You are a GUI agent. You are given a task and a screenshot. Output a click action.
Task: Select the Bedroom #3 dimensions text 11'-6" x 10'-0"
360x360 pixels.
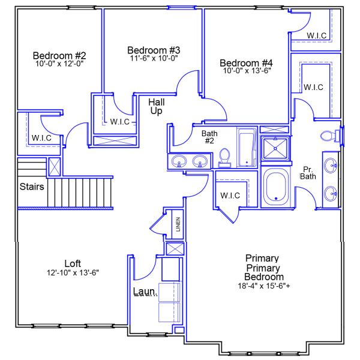pyautogui.click(x=154, y=58)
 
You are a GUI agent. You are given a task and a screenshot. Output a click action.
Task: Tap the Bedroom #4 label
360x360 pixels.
pyautogui.click(x=246, y=62)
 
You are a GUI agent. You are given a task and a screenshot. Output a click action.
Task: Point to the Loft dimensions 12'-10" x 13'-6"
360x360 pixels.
pyautogui.click(x=73, y=272)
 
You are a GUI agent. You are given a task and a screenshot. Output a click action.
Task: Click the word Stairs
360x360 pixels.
pyautogui.click(x=31, y=187)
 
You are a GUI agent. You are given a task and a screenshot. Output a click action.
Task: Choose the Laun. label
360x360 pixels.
pyautogui.click(x=145, y=292)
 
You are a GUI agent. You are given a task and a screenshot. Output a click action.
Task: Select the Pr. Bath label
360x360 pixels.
pyautogui.click(x=308, y=173)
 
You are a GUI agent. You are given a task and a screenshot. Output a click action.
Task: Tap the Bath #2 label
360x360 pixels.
pyautogui.click(x=209, y=137)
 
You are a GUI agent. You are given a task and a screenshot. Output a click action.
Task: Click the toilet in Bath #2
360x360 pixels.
pyautogui.click(x=225, y=157)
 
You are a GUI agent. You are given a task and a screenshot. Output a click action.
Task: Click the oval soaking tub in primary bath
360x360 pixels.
pyautogui.click(x=277, y=187)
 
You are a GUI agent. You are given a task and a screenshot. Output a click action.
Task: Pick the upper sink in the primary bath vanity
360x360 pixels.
pyautogui.click(x=331, y=164)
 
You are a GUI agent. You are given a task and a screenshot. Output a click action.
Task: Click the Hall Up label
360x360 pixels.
pyautogui.click(x=156, y=107)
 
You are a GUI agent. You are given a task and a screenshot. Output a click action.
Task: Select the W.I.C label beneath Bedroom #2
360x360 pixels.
pyautogui.click(x=41, y=138)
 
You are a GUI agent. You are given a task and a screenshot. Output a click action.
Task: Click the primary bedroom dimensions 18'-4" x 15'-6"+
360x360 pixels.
pyautogui.click(x=264, y=286)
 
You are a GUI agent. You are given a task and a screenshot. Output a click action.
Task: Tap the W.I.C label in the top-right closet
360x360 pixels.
pyautogui.click(x=316, y=35)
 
